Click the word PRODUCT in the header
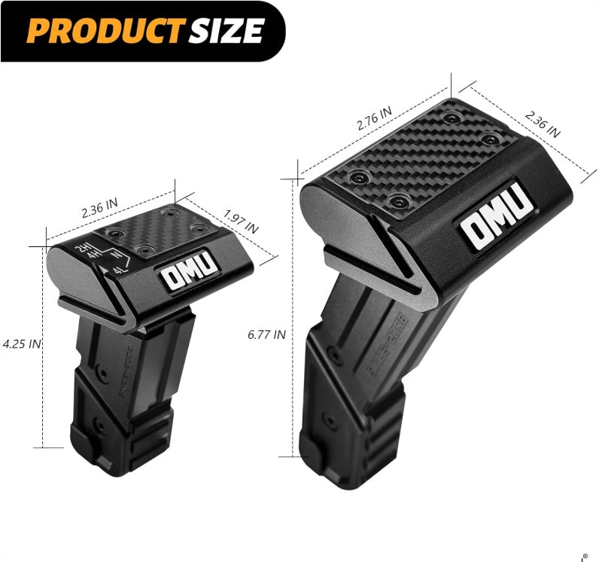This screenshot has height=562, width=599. coord(99,29)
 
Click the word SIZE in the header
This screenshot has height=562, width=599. coord(227,29)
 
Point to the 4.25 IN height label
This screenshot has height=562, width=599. coord(21,344)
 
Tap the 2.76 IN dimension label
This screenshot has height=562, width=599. coord(374,119)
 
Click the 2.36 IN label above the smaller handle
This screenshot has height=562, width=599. coord(100,207)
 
